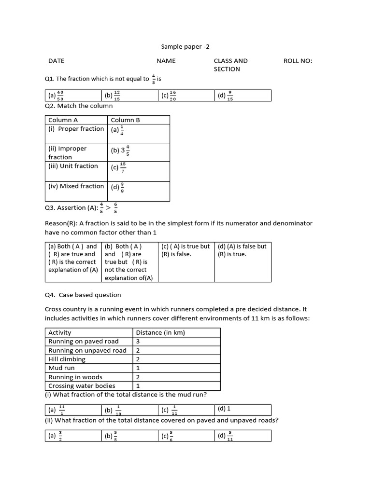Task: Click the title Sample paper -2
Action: pyautogui.click(x=185, y=47)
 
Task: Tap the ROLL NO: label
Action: pyautogui.click(x=298, y=61)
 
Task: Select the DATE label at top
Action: pyautogui.click(x=56, y=61)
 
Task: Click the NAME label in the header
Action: pyautogui.click(x=166, y=61)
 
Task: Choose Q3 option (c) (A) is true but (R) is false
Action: pyautogui.click(x=185, y=250)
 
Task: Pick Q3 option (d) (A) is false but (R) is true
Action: pyautogui.click(x=242, y=250)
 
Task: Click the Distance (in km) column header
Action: pyautogui.click(x=160, y=332)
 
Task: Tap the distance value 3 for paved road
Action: pyautogui.click(x=138, y=341)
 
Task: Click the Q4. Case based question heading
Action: pyautogui.click(x=83, y=295)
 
